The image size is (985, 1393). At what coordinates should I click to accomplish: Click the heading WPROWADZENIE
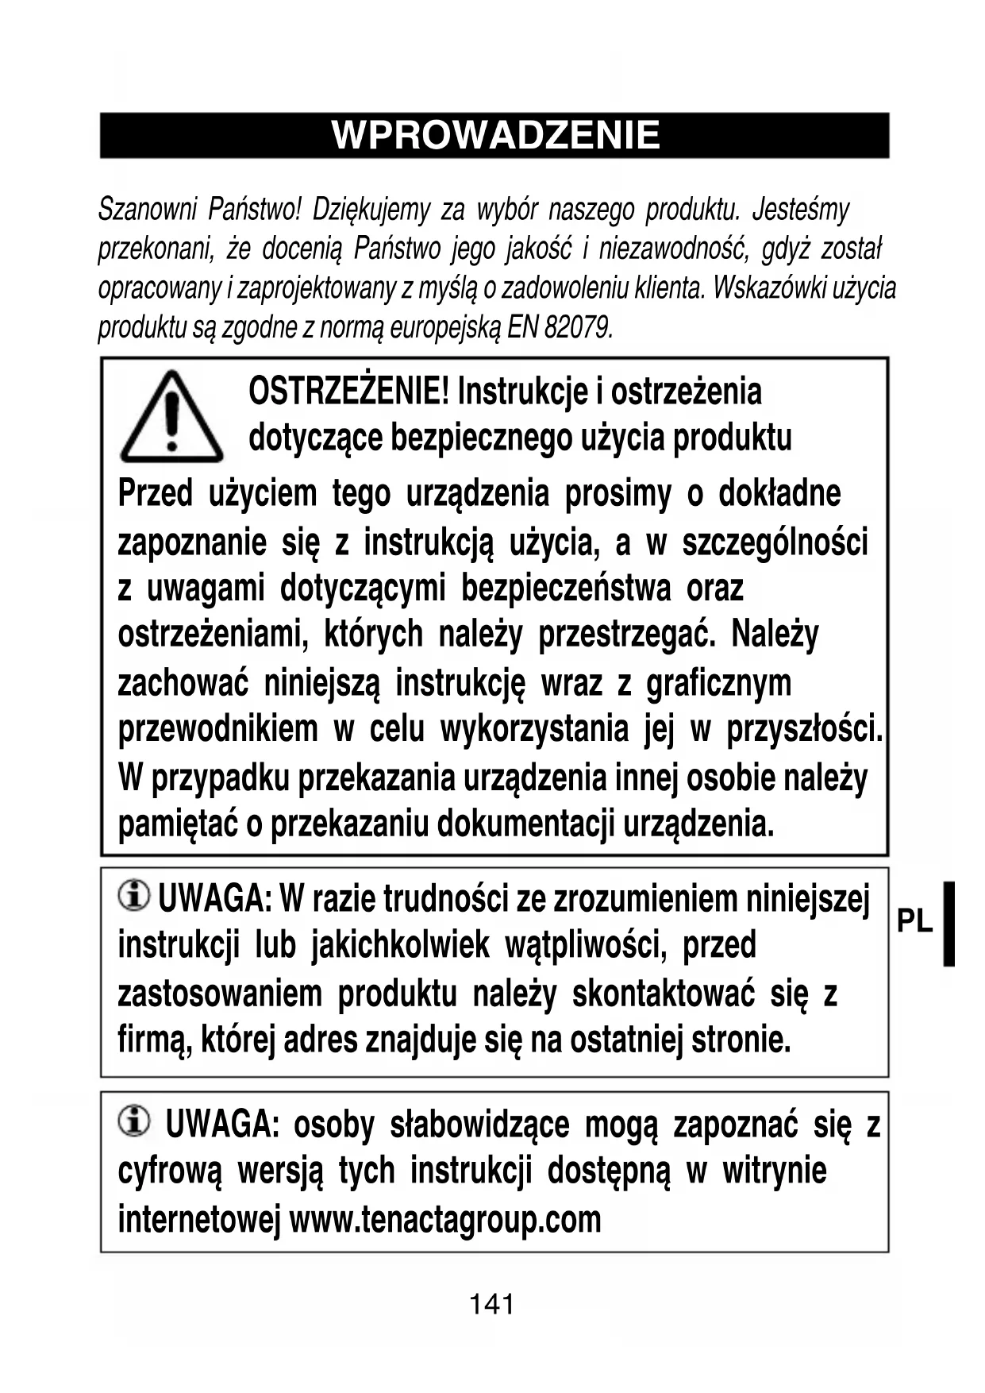(x=495, y=135)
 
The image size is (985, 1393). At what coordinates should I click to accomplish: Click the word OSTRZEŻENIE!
(x=349, y=391)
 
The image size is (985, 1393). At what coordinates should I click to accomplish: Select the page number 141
(x=492, y=1304)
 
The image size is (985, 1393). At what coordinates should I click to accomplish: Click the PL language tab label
(x=914, y=921)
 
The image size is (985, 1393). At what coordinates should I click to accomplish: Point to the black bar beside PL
(x=948, y=923)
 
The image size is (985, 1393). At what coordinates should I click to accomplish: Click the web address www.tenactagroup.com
(x=445, y=1219)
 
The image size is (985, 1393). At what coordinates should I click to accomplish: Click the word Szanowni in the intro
(x=147, y=210)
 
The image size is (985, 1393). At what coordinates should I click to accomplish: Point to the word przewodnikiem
(x=217, y=728)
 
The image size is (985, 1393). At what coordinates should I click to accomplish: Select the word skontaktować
(x=664, y=994)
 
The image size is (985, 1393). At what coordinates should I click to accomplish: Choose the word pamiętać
(x=175, y=824)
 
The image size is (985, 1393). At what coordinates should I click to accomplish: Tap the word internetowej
(x=199, y=1219)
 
